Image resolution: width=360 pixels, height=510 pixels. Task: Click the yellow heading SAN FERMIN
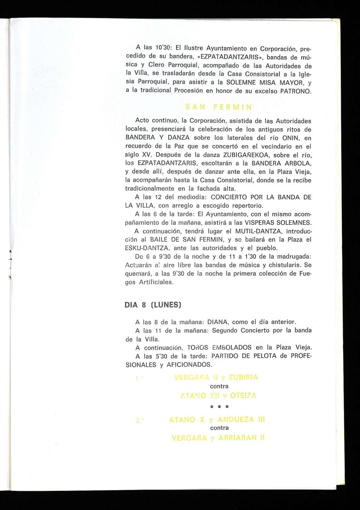[x=218, y=106]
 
